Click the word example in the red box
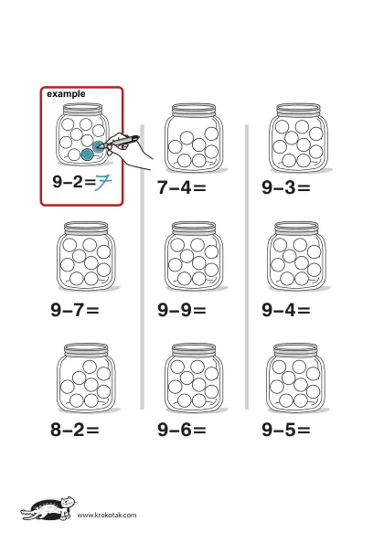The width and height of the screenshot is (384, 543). [x=66, y=94]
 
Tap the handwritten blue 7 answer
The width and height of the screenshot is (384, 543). [x=103, y=182]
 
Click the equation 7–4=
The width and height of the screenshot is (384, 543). [x=182, y=187]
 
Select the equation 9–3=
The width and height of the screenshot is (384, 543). [x=286, y=187]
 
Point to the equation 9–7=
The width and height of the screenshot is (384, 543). [x=75, y=310]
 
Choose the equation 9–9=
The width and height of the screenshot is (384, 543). [x=182, y=310]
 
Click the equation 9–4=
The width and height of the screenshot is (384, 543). [x=286, y=310]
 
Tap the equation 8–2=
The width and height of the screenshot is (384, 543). [x=75, y=430]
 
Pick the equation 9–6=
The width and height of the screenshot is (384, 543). [x=182, y=430]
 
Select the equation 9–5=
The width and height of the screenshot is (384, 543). [x=286, y=430]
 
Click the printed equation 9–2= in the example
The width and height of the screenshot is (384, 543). [x=74, y=181]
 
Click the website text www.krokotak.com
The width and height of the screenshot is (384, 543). [x=107, y=515]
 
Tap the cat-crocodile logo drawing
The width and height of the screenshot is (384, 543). [x=48, y=509]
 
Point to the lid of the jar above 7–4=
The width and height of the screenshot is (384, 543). [x=194, y=110]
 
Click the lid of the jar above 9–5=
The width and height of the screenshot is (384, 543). [x=295, y=350]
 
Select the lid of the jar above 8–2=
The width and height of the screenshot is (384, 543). [x=86, y=350]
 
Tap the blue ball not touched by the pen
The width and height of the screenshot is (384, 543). [x=87, y=154]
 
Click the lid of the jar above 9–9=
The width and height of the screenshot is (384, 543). [x=194, y=229]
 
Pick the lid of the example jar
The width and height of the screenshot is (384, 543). [x=83, y=110]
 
